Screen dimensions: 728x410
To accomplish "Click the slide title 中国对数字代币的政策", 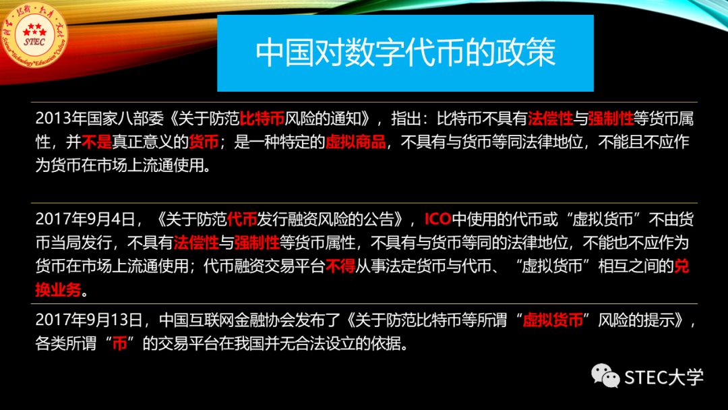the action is (x=405, y=52).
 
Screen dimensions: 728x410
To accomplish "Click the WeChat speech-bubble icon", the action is (x=605, y=376).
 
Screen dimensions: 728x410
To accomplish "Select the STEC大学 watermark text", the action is (x=664, y=377).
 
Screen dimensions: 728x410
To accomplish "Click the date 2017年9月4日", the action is (x=85, y=218).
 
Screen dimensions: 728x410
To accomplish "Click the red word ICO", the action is (x=437, y=218).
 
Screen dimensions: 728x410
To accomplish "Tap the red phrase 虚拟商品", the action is (x=356, y=142).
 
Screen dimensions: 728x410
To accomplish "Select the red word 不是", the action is (x=96, y=142).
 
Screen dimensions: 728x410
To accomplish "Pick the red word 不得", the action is (x=340, y=266).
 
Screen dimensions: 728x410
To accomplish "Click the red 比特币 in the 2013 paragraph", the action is (x=262, y=119).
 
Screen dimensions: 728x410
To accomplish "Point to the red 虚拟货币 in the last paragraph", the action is (x=553, y=320).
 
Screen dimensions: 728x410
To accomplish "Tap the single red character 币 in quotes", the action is (x=119, y=343).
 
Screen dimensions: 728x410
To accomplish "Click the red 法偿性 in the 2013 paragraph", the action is (x=550, y=119).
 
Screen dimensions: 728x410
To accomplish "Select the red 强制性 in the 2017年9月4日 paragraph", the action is (x=257, y=242).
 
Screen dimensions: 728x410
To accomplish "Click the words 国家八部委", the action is (x=125, y=119).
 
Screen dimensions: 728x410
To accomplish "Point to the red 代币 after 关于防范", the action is (x=242, y=218).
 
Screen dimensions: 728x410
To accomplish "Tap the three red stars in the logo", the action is (x=34, y=30).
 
